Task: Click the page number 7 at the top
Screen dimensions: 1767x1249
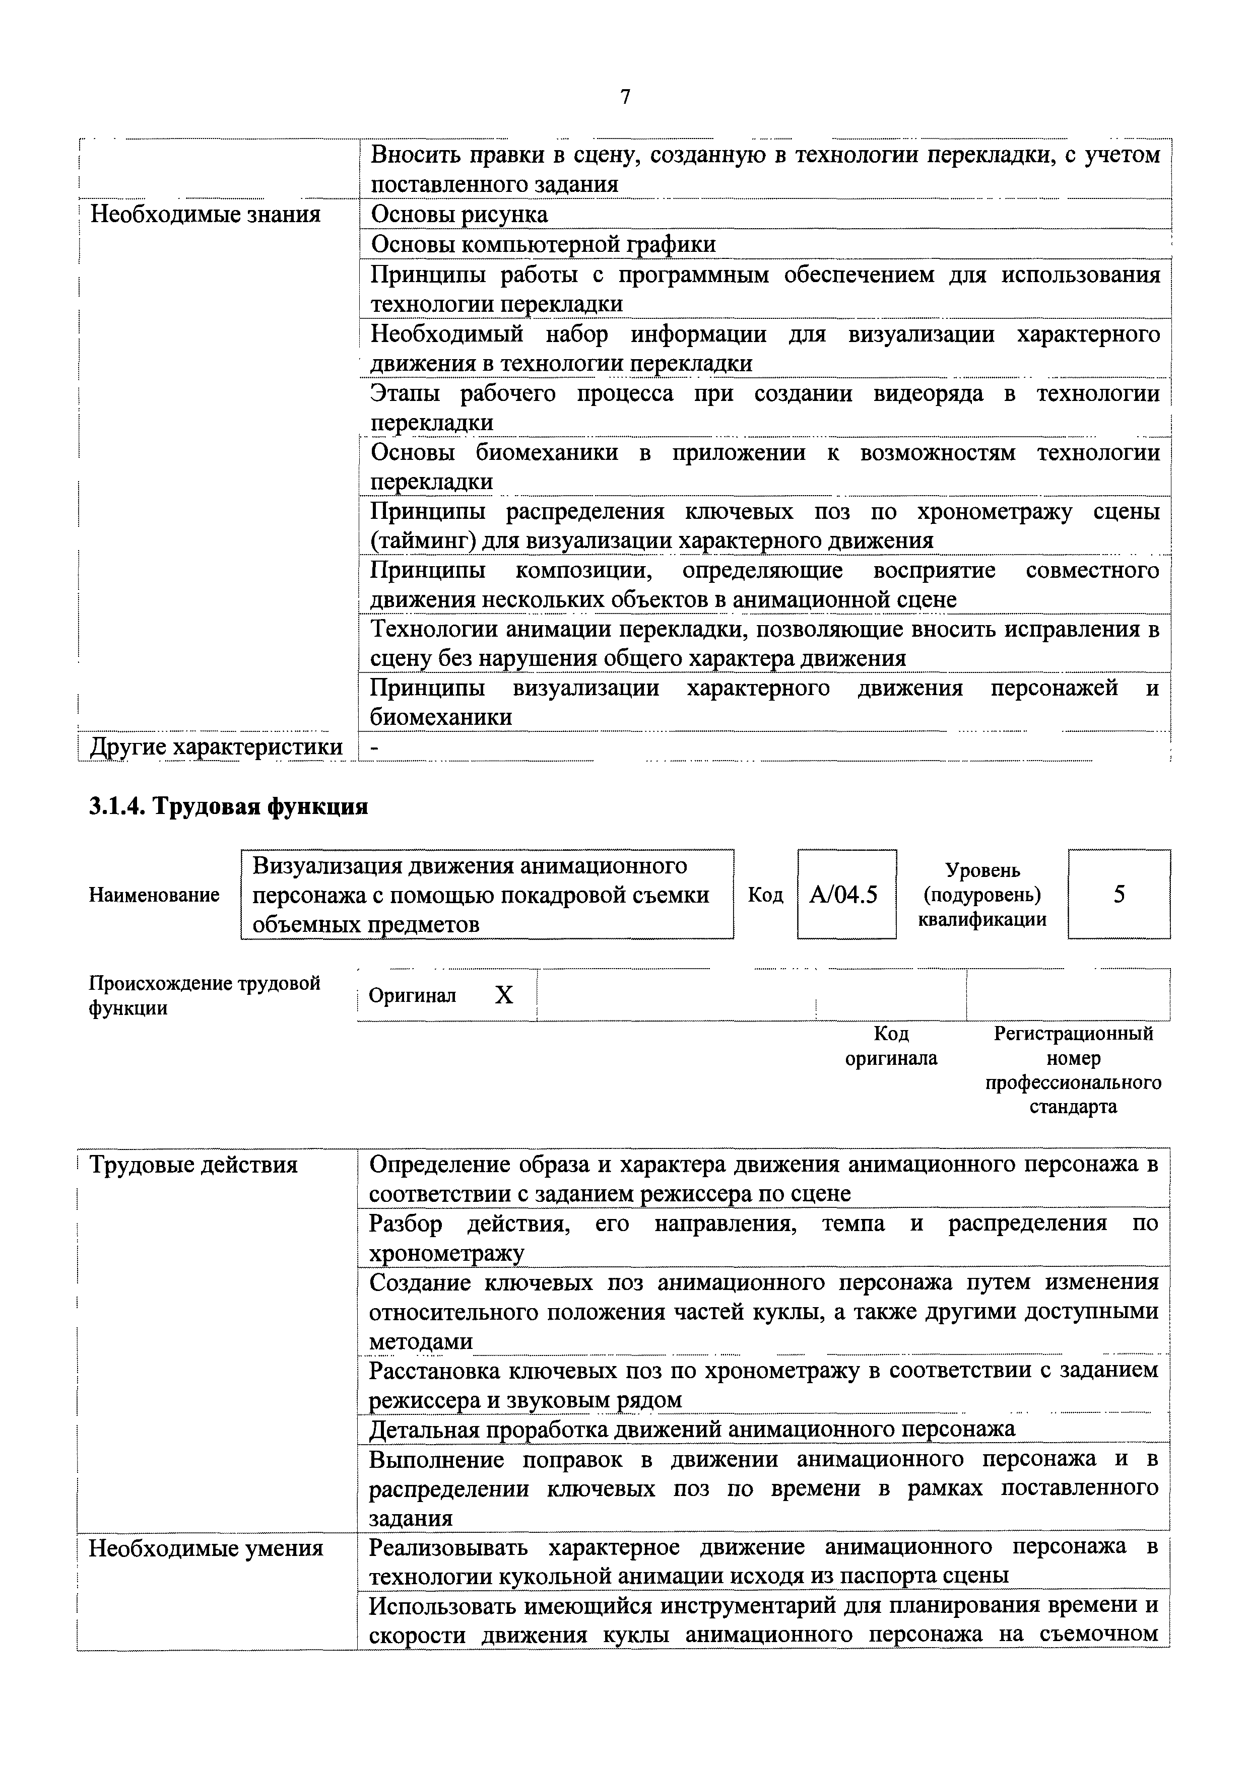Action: tap(624, 97)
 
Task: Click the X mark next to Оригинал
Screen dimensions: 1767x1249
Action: tap(503, 996)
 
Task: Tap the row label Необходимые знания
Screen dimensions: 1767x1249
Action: tap(206, 214)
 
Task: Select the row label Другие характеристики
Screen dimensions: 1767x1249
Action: tap(216, 746)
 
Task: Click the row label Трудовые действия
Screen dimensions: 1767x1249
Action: tap(193, 1165)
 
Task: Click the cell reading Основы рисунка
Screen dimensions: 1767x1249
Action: tap(459, 214)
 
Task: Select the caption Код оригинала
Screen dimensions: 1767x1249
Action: tap(891, 1046)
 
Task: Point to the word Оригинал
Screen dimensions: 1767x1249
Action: tap(413, 996)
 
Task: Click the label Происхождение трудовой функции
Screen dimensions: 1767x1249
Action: tap(205, 996)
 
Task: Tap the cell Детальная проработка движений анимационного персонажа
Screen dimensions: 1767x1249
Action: tap(692, 1429)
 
